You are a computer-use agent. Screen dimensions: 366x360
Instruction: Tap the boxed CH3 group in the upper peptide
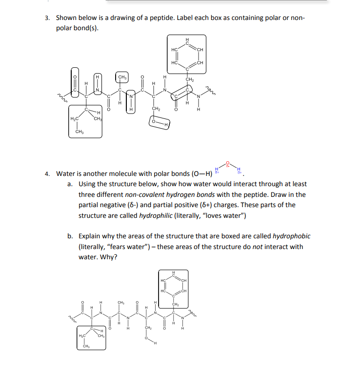pos(122,77)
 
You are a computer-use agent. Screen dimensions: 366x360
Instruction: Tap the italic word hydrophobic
pos(291,236)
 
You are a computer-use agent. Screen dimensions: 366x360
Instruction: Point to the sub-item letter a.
pos(71,184)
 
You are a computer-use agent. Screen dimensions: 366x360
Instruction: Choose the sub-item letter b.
pos(71,236)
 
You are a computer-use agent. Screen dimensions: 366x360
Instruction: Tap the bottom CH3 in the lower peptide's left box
pos(86,346)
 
